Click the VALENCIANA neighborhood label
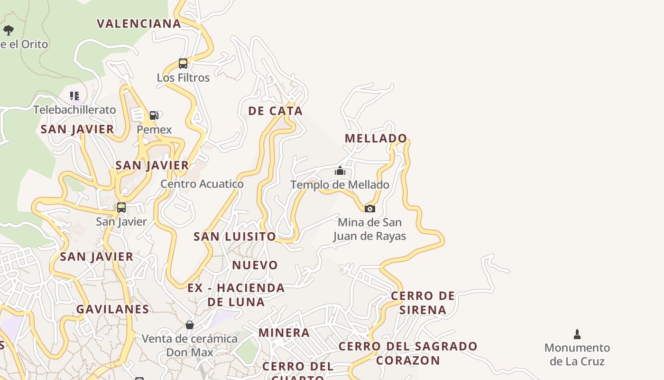coord(139,24)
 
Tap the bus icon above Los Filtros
coord(183,63)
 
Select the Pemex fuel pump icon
coord(154,115)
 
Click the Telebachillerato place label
coord(74,110)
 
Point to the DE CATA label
coord(275,111)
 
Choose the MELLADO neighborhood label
coord(376,139)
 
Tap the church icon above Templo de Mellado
coord(340,171)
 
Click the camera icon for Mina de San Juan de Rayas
coord(369,209)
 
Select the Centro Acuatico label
coord(202,184)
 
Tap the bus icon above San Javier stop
coord(121,208)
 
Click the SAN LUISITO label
coord(234,237)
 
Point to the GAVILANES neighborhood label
coord(113,309)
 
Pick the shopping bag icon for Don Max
coord(190,325)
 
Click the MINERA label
coord(284,333)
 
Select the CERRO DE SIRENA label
coord(423,303)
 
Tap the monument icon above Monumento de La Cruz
coord(577,334)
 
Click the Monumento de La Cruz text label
coord(577,354)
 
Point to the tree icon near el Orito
coord(9,30)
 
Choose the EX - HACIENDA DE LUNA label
coord(236,294)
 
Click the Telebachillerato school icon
coord(74,96)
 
